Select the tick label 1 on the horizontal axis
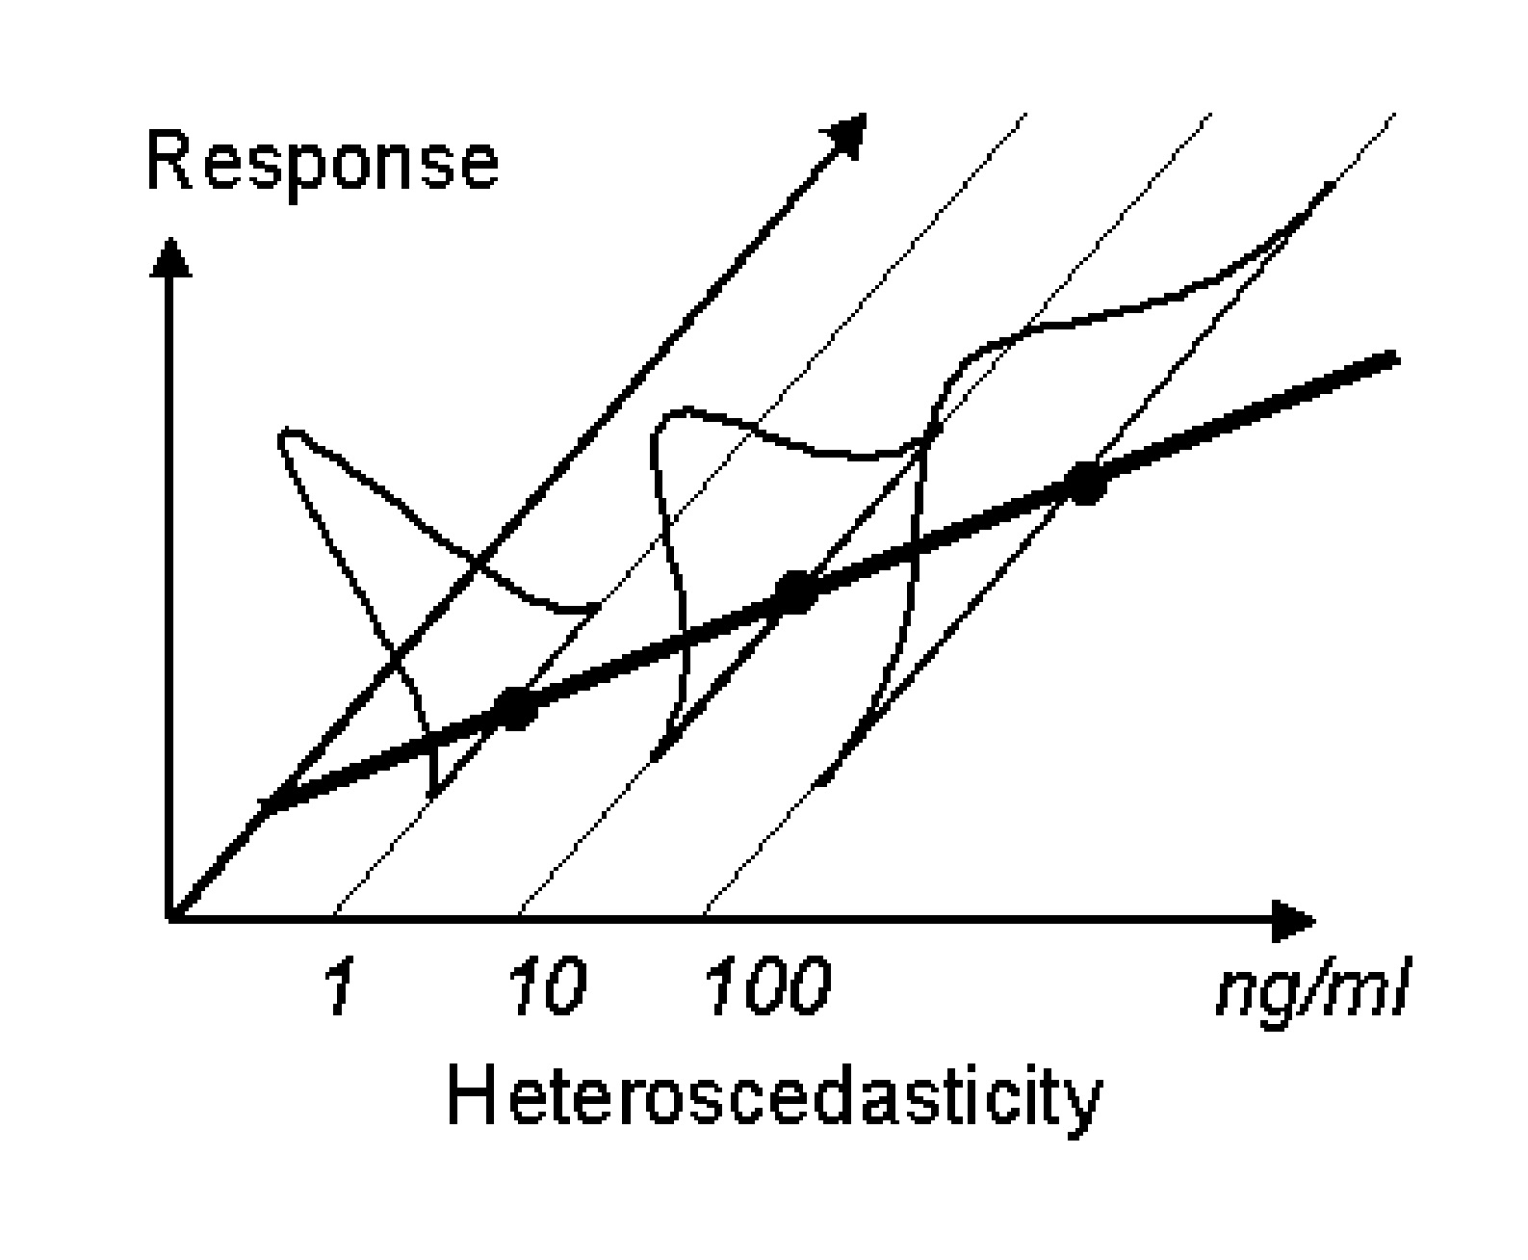click(337, 987)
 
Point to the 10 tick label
click(545, 987)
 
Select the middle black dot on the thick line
click(795, 591)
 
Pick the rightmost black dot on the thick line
click(1086, 483)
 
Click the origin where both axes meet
click(171, 916)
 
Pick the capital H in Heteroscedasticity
click(473, 1097)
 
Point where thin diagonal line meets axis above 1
click(333, 916)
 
